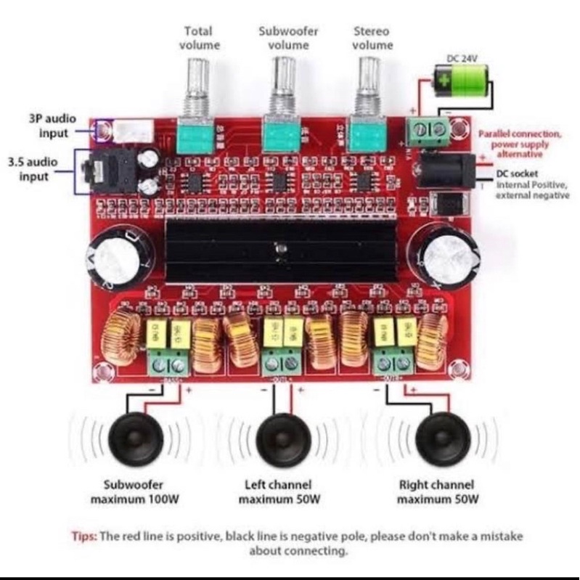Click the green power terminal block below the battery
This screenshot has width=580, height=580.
[428, 131]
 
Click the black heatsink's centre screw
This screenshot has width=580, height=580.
[279, 251]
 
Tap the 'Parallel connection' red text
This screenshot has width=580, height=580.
[520, 134]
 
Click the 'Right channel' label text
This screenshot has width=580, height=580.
[437, 484]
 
